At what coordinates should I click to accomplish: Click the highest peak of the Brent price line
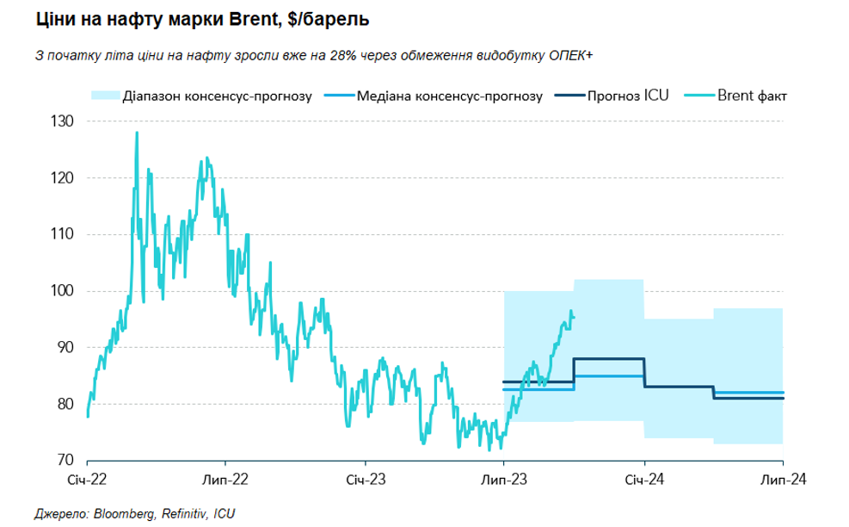137,133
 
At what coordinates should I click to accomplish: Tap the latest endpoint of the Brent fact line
575,317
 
